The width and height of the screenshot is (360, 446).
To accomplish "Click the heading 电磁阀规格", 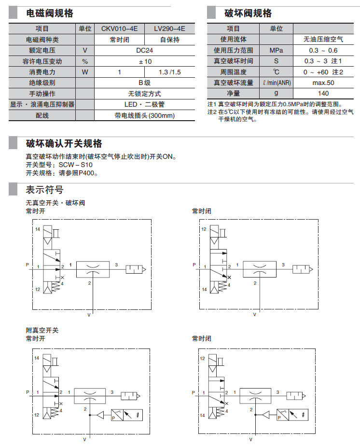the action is click(50, 13).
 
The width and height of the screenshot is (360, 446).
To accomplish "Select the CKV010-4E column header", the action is click(119, 29).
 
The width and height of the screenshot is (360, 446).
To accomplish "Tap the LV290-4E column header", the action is click(169, 29).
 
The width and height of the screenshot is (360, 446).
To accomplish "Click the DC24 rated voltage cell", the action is click(144, 50).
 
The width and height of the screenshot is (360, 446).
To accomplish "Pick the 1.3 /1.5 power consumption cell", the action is click(170, 72).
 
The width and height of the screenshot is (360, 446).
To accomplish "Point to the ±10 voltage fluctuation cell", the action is click(145, 61).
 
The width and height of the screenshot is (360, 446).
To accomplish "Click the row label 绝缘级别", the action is click(42, 83).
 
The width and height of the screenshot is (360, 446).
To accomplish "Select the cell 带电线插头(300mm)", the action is click(144, 115).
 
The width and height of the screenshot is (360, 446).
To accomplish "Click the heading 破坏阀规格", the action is click(248, 13).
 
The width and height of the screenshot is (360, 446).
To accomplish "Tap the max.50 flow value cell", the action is click(323, 83).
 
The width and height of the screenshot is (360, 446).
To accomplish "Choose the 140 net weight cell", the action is click(323, 93).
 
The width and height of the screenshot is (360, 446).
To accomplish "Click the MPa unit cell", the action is click(276, 50).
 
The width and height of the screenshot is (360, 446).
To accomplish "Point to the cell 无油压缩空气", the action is click(323, 39).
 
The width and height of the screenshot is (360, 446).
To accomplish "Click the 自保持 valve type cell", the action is click(170, 40).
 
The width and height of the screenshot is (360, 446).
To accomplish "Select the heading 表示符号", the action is click(45, 190).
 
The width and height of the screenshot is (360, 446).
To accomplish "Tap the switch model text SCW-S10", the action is click(75, 165).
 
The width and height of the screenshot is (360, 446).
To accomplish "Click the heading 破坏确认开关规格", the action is click(64, 143).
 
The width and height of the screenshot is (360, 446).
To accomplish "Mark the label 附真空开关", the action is click(42, 330).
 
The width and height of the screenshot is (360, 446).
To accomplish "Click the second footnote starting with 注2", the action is click(280, 115).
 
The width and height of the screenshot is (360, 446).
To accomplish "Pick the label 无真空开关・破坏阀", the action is click(55, 203).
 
